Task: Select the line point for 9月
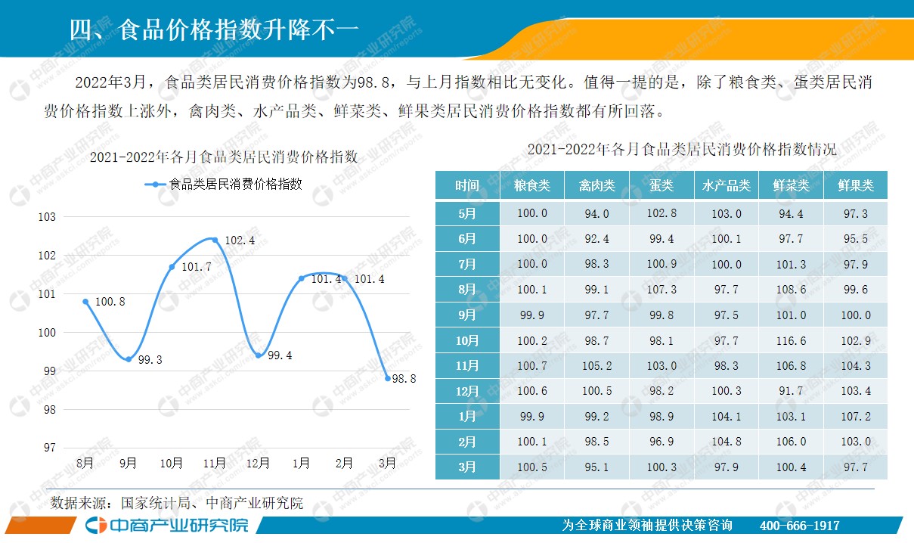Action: [129, 358]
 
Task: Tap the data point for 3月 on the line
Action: [387, 378]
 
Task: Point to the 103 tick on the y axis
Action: [48, 217]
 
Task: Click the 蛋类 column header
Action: [661, 185]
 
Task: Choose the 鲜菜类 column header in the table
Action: [791, 185]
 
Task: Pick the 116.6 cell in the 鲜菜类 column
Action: [791, 340]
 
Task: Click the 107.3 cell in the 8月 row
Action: [661, 290]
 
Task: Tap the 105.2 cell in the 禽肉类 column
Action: [596, 366]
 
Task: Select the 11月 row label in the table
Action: [467, 366]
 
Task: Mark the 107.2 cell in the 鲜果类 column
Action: [856, 417]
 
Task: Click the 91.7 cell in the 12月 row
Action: [791, 391]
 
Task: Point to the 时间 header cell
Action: [467, 185]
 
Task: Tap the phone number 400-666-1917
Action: [798, 526]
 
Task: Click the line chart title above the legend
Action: [224, 157]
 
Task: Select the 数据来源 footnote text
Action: [177, 503]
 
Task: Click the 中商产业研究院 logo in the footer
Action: [167, 526]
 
